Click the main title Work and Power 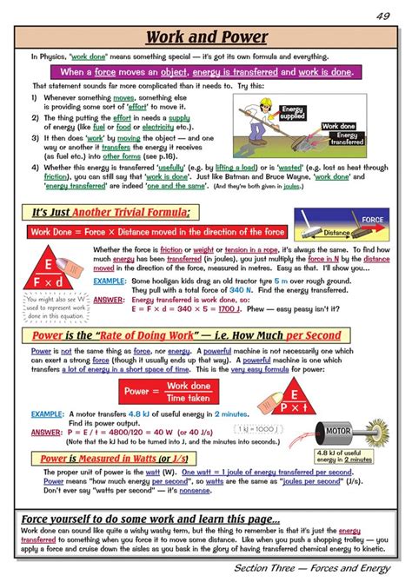click(x=206, y=37)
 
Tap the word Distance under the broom click(x=336, y=232)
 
